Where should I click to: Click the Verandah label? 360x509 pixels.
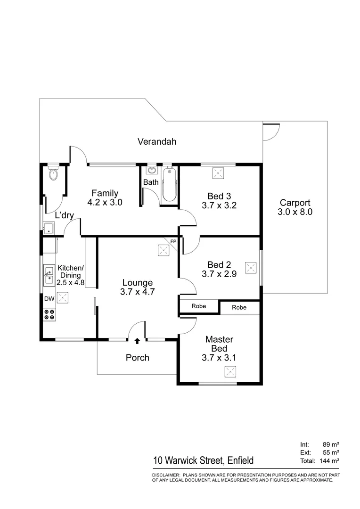coord(157,141)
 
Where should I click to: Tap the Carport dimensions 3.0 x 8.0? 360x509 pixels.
coord(295,212)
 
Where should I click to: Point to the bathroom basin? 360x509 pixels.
coord(152,170)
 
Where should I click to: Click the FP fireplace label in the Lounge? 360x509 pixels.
coord(173,241)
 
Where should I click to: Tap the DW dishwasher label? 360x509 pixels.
coord(49,299)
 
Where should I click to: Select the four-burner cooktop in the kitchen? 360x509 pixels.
coord(49,314)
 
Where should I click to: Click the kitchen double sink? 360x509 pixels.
coord(49,274)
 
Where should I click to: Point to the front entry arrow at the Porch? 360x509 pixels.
coord(137,340)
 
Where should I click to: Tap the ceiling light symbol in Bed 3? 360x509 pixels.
coord(218,173)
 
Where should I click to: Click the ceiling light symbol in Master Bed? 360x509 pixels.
coord(229,373)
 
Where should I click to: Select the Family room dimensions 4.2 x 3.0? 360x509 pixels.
coord(105,203)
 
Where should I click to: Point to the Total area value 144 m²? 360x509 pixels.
coord(329,460)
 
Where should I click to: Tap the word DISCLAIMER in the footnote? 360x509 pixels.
coord(165,475)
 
